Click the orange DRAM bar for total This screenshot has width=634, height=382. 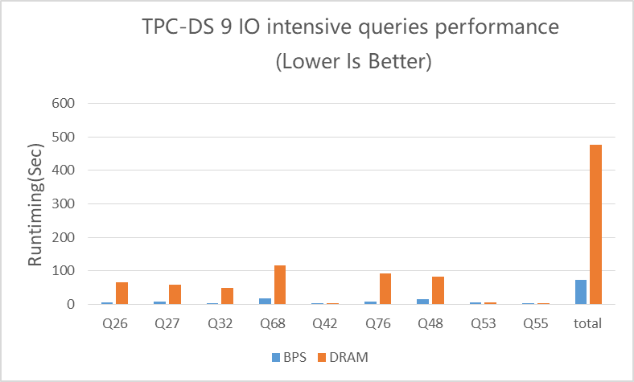596,224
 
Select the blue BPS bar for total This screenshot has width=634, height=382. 581,292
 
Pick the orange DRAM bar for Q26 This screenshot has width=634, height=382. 121,294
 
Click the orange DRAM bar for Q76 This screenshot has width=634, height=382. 385,289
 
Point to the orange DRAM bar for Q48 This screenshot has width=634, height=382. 438,290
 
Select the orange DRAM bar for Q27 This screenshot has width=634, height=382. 175,294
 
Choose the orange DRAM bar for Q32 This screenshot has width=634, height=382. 227,296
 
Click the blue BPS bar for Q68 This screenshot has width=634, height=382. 265,301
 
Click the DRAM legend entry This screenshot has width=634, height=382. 344,357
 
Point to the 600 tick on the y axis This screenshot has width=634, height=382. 63,104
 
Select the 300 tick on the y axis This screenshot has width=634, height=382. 63,204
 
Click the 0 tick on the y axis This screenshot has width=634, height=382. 71,305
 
